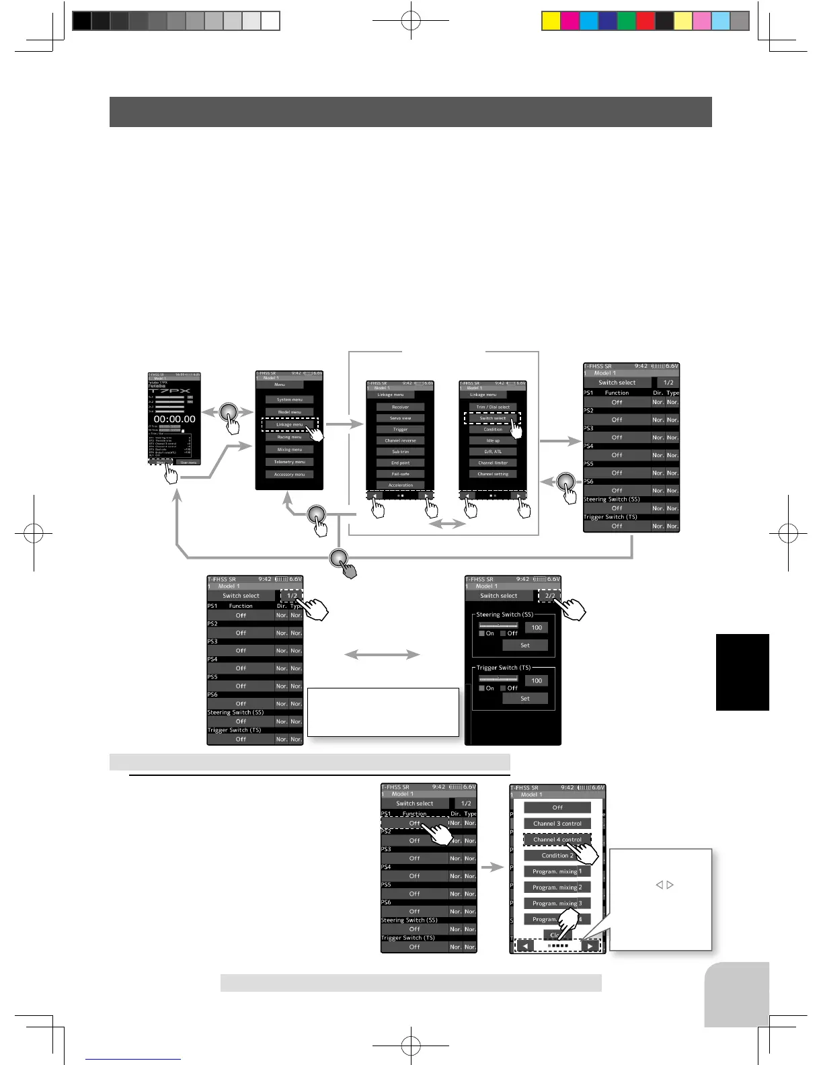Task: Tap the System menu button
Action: [x=289, y=399]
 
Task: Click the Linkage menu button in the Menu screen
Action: [x=289, y=424]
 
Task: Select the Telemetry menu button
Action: [x=289, y=462]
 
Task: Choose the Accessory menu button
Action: [x=289, y=475]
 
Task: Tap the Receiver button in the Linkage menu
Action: [x=400, y=407]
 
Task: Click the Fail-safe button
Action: [x=400, y=474]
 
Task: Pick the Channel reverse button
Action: [x=400, y=440]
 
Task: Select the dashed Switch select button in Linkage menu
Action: [x=492, y=418]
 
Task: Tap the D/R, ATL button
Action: [x=493, y=452]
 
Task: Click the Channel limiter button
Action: [x=493, y=463]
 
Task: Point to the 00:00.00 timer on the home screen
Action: [x=174, y=419]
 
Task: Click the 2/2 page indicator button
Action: [x=550, y=596]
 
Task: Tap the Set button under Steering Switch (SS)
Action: [x=525, y=645]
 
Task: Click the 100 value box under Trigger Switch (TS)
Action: [x=537, y=680]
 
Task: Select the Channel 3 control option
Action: [x=557, y=824]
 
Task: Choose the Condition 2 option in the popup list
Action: [x=557, y=856]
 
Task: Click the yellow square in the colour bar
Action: [x=551, y=22]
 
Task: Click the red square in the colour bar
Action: [x=645, y=22]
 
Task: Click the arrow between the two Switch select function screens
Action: [x=382, y=654]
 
